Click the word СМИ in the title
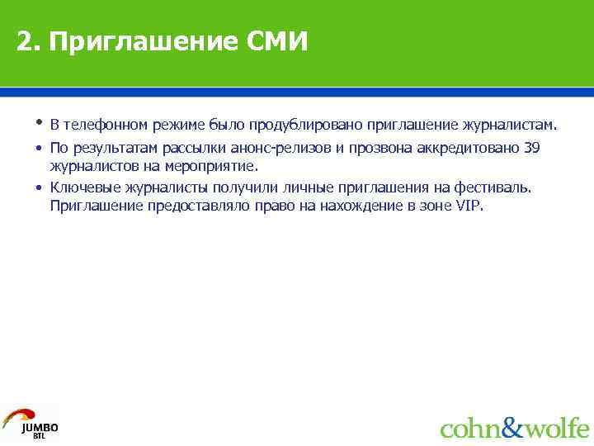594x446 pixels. tap(276, 41)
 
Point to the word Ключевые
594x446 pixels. tap(80, 187)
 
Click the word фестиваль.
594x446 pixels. tap(495, 187)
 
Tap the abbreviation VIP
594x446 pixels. tap(469, 206)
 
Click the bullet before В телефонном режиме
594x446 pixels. tap(39, 124)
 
